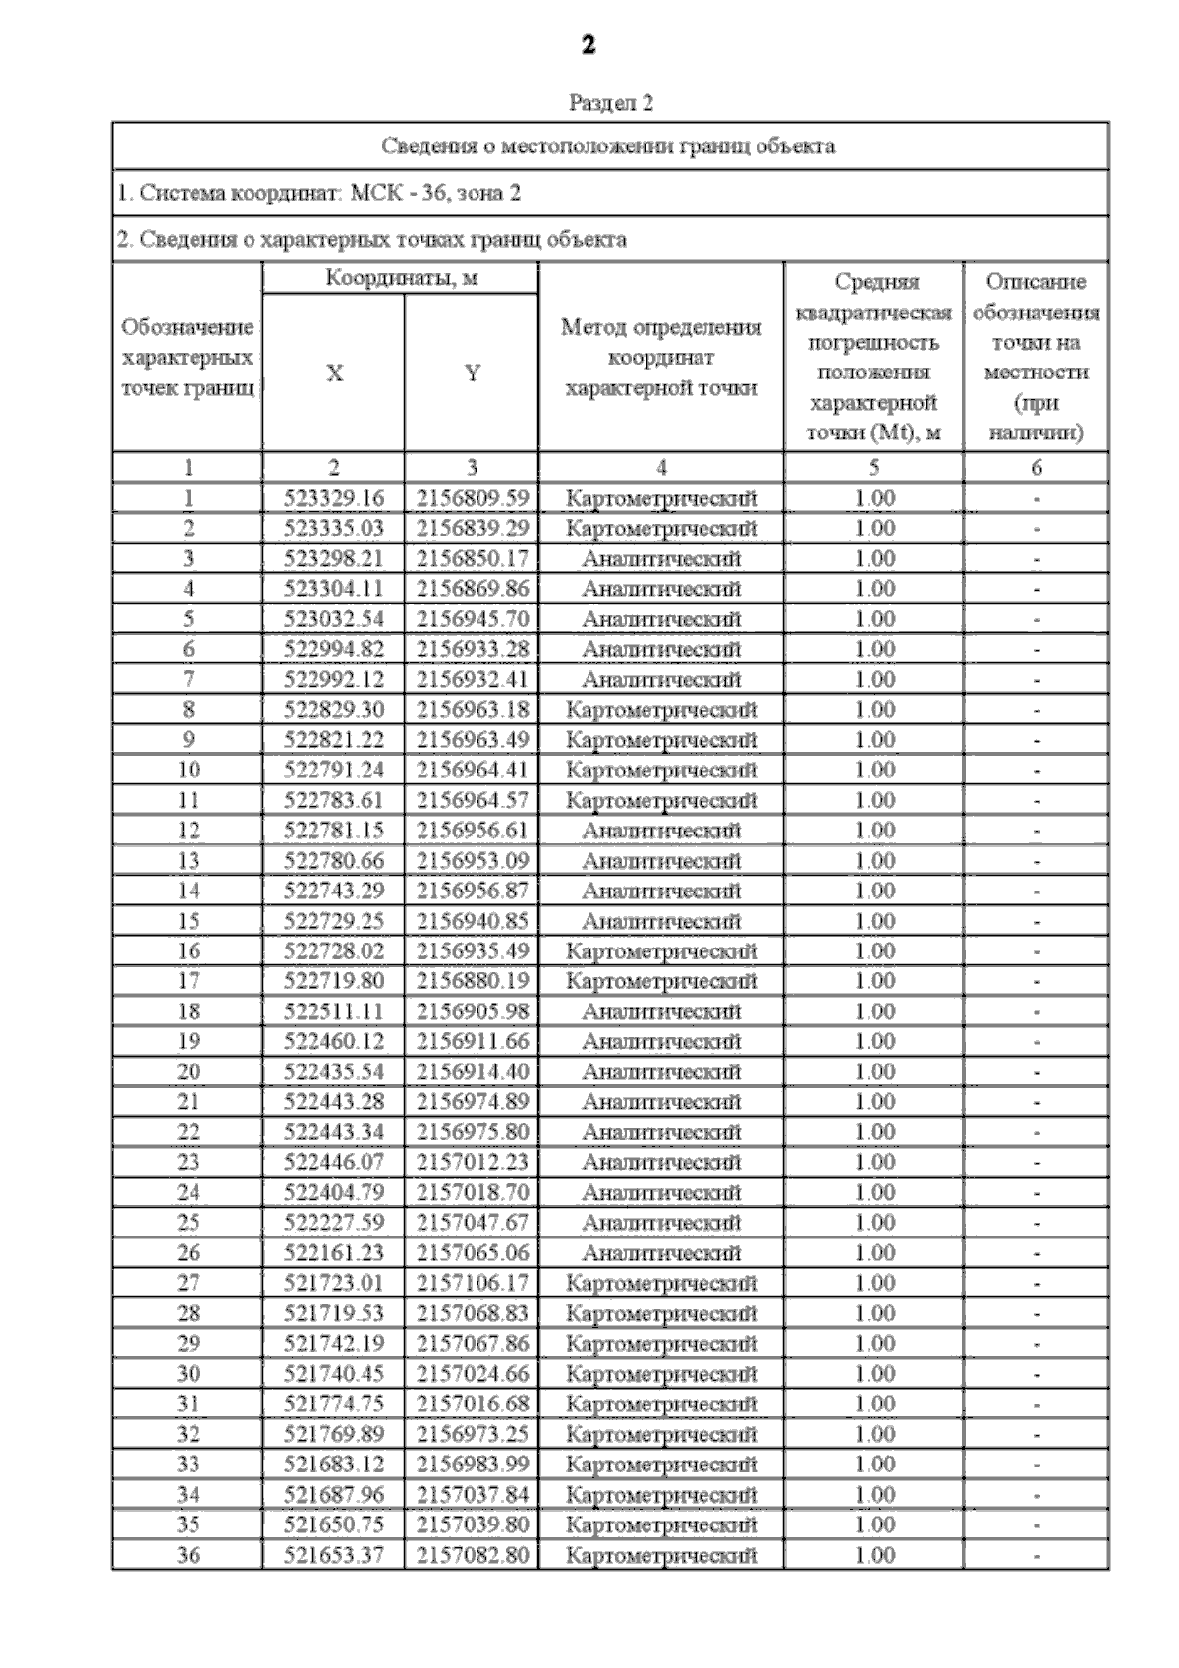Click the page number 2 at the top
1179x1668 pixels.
point(589,45)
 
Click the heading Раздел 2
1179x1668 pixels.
point(611,103)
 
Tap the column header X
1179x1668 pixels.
point(334,374)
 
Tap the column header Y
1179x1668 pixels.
point(473,374)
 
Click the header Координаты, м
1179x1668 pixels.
point(401,278)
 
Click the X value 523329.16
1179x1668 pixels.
point(334,498)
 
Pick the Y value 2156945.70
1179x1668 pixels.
point(473,619)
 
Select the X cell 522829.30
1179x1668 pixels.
point(334,710)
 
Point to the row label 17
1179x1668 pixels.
point(188,981)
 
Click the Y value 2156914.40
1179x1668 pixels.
point(473,1071)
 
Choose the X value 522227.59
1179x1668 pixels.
point(334,1223)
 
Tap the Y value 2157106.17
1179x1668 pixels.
point(473,1283)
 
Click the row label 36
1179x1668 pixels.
point(188,1555)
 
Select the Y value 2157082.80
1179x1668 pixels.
point(473,1555)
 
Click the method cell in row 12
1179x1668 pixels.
point(661,831)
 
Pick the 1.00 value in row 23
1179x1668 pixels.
point(874,1162)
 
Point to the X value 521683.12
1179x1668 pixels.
point(334,1464)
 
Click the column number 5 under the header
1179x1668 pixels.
point(874,468)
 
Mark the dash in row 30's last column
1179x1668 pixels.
point(1037,1375)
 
